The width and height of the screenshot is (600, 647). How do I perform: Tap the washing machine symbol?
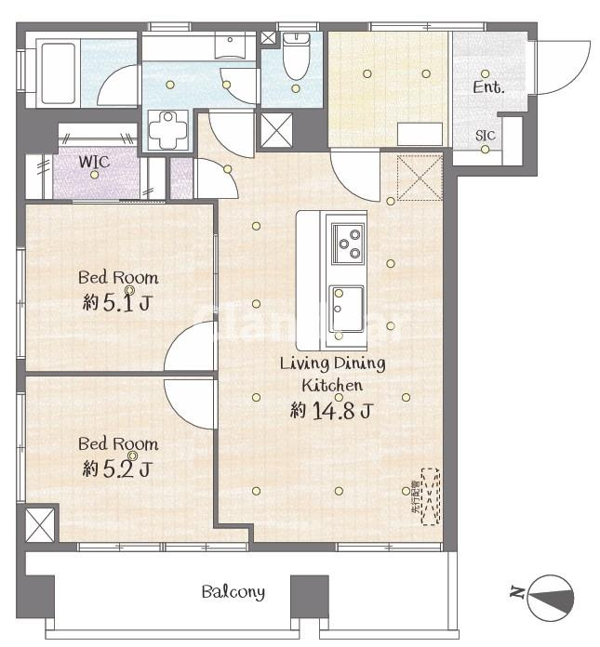click(x=170, y=128)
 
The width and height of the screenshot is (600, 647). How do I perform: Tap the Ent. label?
click(x=488, y=88)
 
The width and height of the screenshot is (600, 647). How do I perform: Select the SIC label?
click(x=486, y=136)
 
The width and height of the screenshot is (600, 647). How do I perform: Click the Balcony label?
click(x=233, y=591)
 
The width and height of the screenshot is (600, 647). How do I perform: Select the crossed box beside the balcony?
click(x=41, y=525)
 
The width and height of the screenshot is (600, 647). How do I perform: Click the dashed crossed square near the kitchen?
click(x=417, y=177)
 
